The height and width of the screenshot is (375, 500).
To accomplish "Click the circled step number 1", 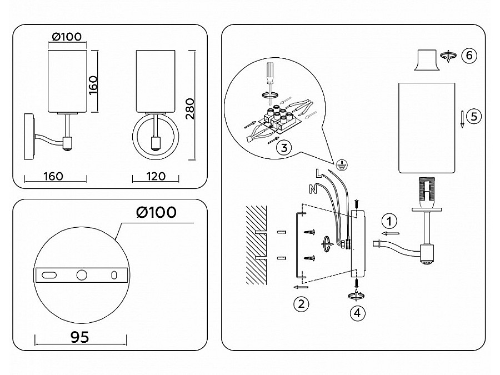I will [x=391, y=221].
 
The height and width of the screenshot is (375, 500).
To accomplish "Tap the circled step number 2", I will [x=301, y=303].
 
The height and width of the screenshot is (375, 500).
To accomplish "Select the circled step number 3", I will [x=283, y=148].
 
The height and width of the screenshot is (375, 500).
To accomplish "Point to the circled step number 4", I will [x=358, y=312].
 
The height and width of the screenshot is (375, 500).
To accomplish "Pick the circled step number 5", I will [x=473, y=116].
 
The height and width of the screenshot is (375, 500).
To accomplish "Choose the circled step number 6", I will [x=469, y=56].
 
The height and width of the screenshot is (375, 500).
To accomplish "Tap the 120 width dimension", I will [x=156, y=176].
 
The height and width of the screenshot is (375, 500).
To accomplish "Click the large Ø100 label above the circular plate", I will [x=156, y=212].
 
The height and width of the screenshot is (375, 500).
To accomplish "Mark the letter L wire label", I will [x=318, y=173].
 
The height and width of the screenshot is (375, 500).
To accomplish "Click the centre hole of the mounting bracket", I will [x=82, y=274].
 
